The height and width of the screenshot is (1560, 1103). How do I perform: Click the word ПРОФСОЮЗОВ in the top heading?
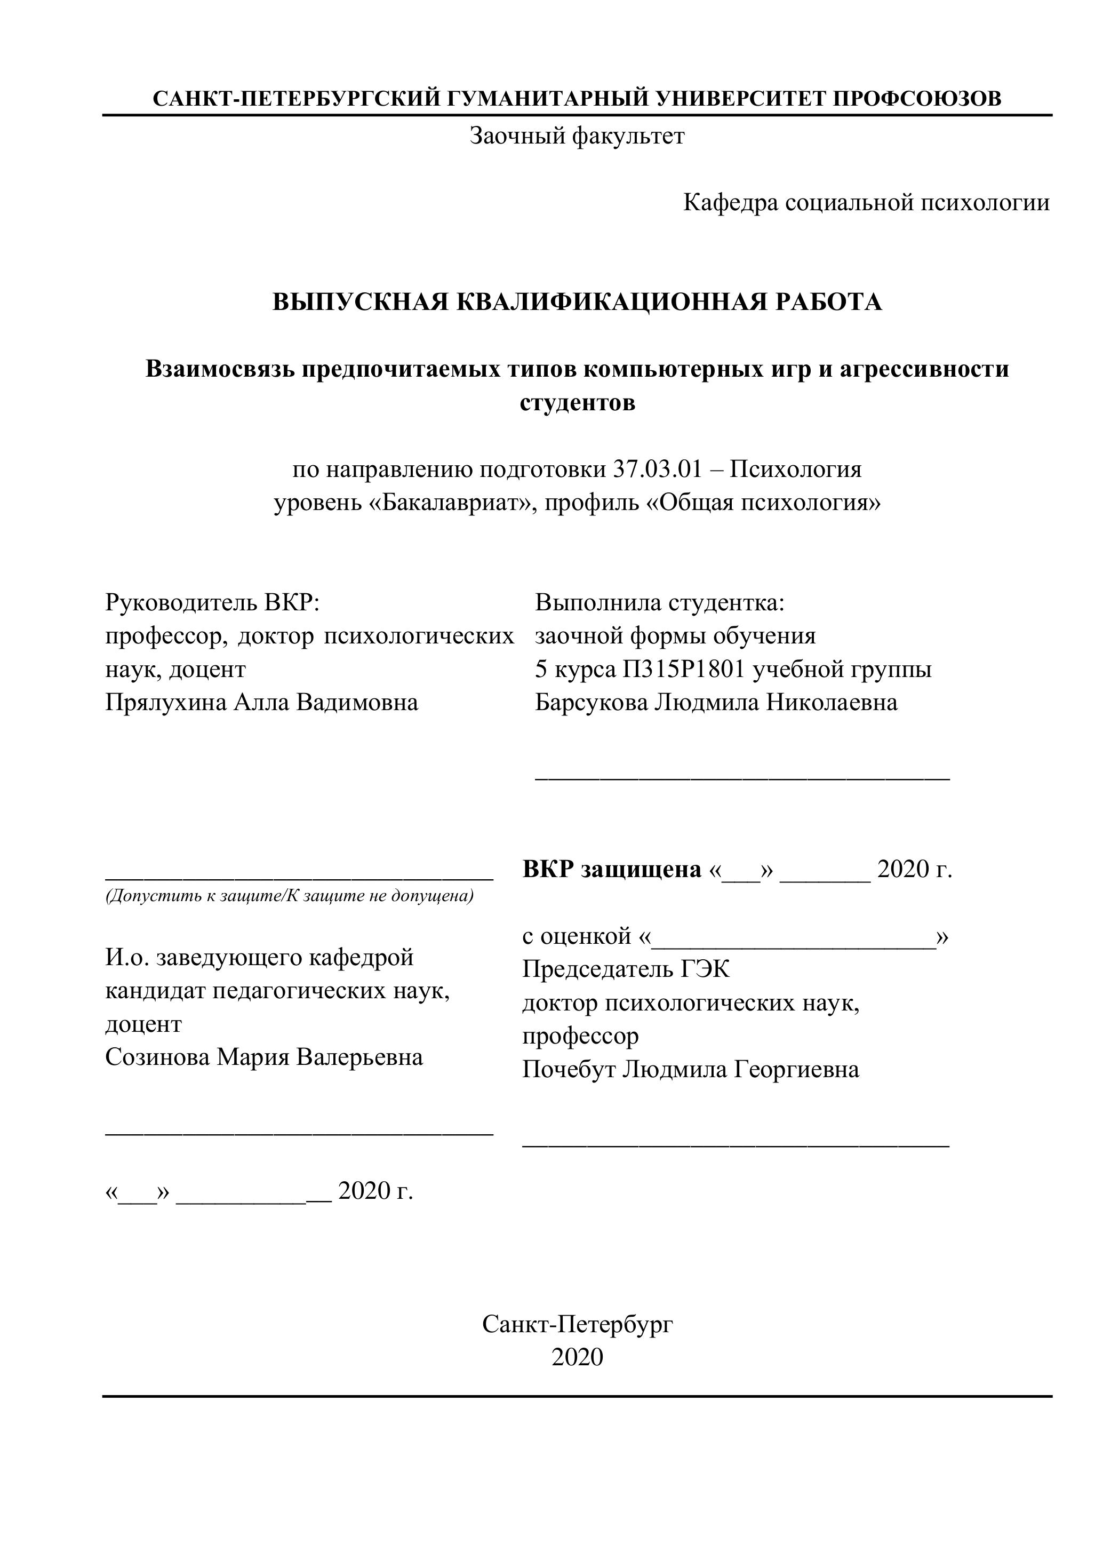click(917, 99)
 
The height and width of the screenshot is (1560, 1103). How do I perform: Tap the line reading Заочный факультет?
click(577, 136)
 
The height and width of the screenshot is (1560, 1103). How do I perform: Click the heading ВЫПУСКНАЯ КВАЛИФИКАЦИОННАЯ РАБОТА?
click(577, 301)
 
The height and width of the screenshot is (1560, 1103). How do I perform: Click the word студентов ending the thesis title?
click(577, 402)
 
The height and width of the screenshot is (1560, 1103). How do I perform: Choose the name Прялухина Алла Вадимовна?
click(261, 702)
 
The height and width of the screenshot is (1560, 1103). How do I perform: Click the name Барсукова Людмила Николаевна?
click(716, 702)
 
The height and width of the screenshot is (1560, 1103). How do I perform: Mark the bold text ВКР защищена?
click(611, 869)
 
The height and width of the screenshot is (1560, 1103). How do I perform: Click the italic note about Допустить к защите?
click(289, 895)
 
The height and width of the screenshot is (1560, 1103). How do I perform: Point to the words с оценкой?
click(577, 936)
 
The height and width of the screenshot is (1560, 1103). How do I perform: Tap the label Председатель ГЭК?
click(626, 969)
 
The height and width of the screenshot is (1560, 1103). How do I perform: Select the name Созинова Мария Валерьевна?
click(264, 1056)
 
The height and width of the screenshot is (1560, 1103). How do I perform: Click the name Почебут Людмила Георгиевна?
click(690, 1069)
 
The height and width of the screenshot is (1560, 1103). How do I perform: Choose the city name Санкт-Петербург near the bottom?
click(577, 1323)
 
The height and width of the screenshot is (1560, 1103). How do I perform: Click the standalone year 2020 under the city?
click(577, 1356)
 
